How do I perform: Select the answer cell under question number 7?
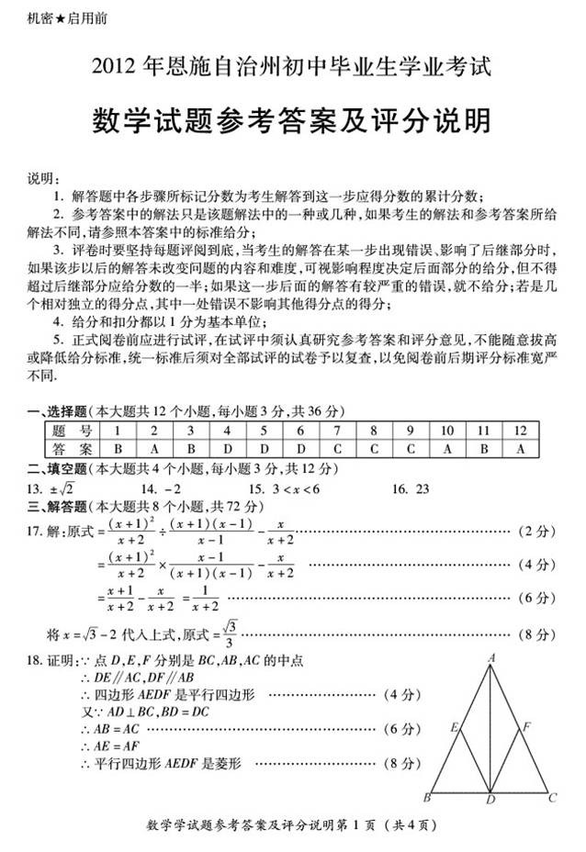tap(337, 449)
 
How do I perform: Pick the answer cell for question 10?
tap(447, 449)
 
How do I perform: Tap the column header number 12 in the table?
tap(521, 431)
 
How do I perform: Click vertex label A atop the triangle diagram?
tap(492, 657)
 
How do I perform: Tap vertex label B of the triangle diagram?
tap(427, 797)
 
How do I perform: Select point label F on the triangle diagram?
tap(527, 726)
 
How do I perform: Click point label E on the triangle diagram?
tap(454, 726)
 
